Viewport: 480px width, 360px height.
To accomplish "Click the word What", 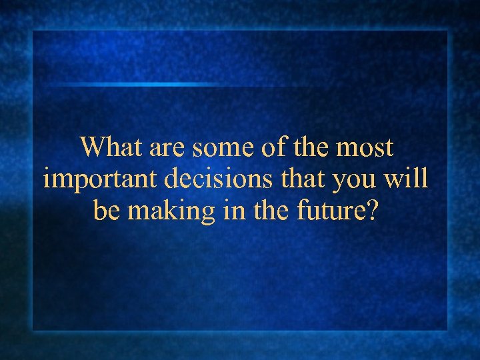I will pyautogui.click(x=111, y=147).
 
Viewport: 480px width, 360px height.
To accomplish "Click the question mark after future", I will pyautogui.click(x=371, y=211).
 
